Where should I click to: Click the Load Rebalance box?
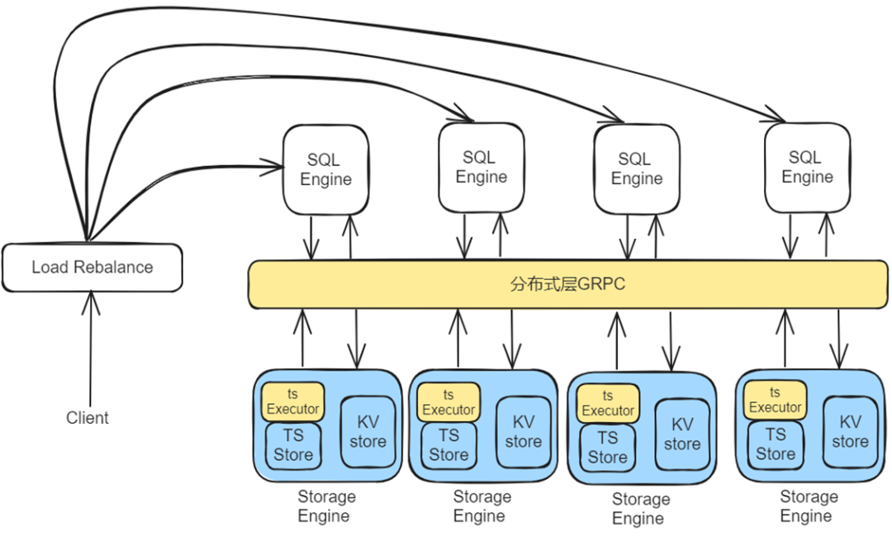(x=92, y=268)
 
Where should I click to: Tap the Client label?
(x=88, y=418)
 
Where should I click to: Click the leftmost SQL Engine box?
(x=325, y=170)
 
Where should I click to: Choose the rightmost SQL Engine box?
(x=807, y=168)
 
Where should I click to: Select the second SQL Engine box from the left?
(x=481, y=168)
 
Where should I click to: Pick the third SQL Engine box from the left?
(x=636, y=169)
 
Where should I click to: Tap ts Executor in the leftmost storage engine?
(x=293, y=401)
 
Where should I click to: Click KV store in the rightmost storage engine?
(x=850, y=431)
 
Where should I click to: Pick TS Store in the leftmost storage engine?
(x=293, y=445)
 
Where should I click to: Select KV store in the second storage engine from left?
(x=524, y=432)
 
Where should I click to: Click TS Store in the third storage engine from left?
(x=608, y=448)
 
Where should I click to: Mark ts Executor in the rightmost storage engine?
(x=776, y=400)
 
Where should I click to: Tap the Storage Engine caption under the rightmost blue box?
(x=808, y=506)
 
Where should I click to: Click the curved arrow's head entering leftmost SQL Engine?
(x=275, y=169)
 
